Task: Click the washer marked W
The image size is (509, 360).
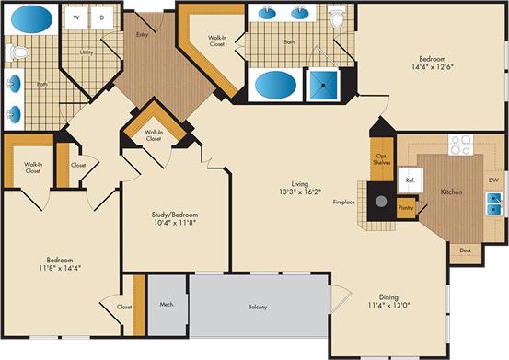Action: pyautogui.click(x=75, y=18)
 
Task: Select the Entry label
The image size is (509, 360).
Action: pyautogui.click(x=142, y=35)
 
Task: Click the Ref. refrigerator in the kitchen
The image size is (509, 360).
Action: pyautogui.click(x=410, y=181)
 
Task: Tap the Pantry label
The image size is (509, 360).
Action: pyautogui.click(x=406, y=208)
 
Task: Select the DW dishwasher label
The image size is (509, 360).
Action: pyautogui.click(x=493, y=180)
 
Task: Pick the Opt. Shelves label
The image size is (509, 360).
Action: pyautogui.click(x=381, y=157)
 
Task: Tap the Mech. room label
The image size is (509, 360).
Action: pyautogui.click(x=167, y=303)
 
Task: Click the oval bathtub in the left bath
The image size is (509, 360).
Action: pyautogui.click(x=34, y=18)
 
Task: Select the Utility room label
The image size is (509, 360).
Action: pyautogui.click(x=87, y=52)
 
